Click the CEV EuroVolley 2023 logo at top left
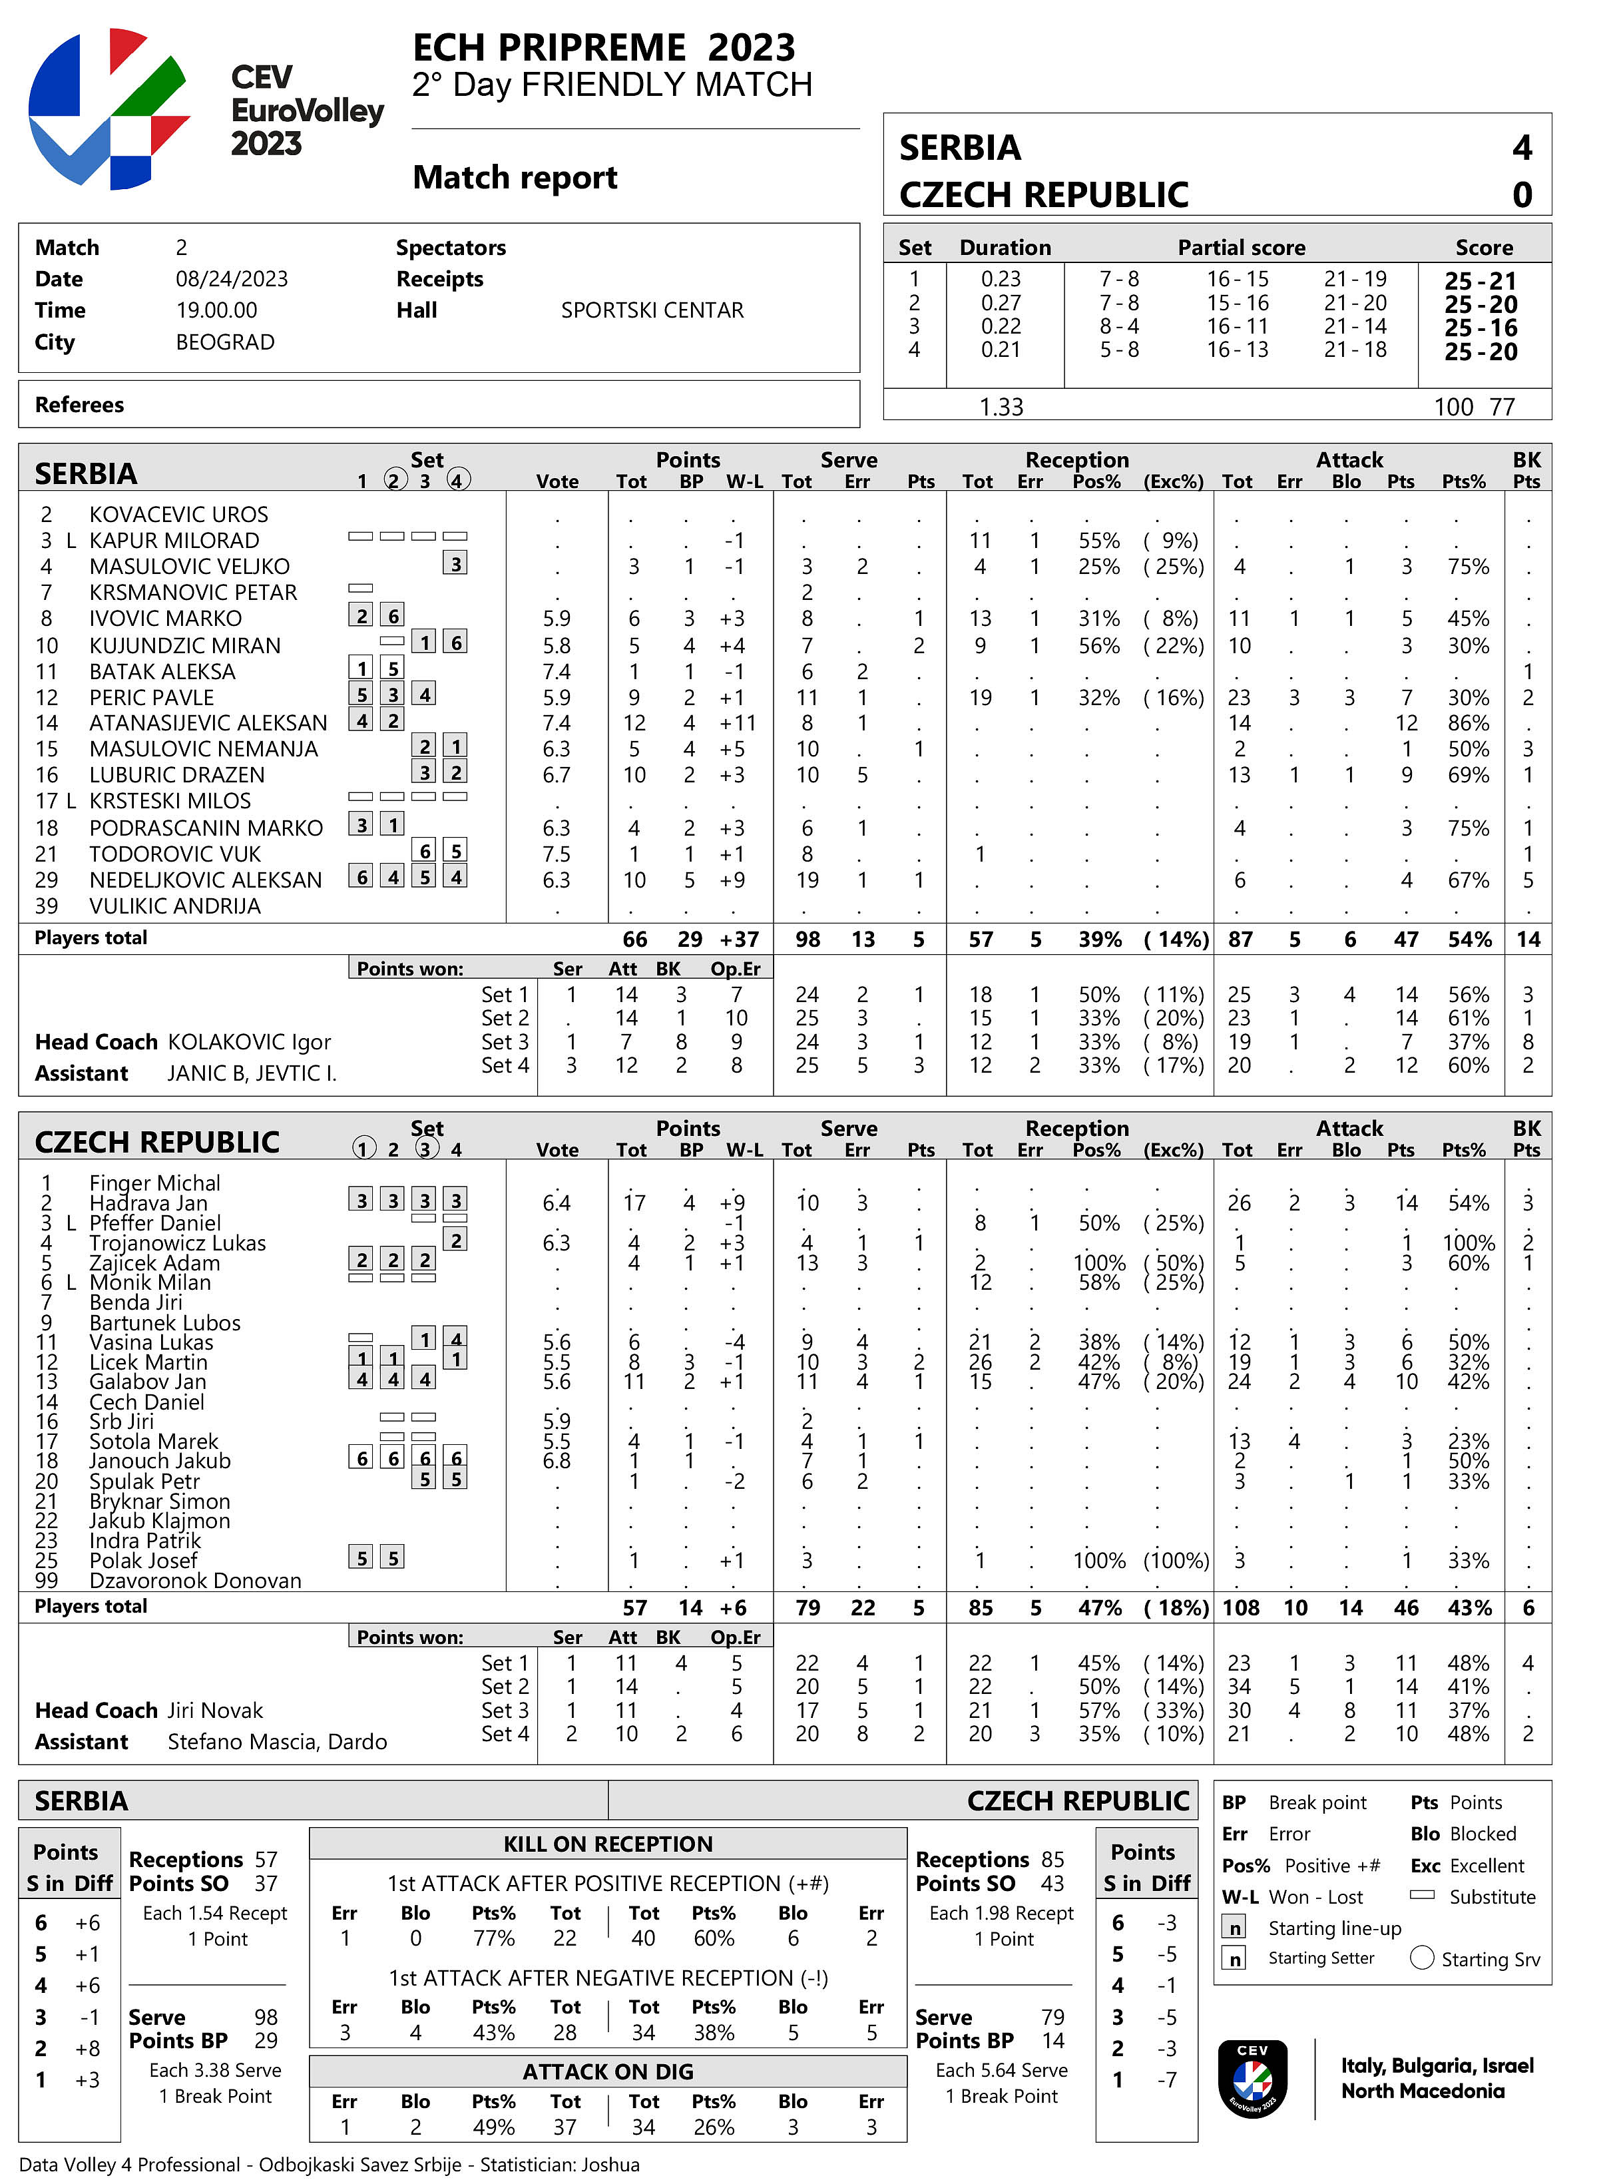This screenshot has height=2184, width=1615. pos(109,109)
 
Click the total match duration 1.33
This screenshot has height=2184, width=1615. pos(1001,407)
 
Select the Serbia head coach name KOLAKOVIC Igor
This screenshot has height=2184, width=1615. pos(249,1041)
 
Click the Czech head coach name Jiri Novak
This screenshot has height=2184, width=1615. pos(215,1710)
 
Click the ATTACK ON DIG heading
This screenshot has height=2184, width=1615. pos(608,2071)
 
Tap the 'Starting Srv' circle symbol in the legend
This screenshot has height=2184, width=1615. pos(1423,1958)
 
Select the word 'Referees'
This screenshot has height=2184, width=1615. pos(79,405)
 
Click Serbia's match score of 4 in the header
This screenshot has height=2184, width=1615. pos(1521,148)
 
